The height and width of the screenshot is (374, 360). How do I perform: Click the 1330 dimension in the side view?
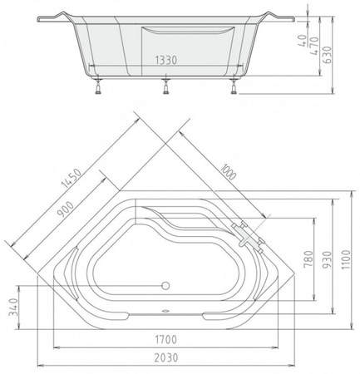165,60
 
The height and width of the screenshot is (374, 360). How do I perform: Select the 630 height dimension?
328,55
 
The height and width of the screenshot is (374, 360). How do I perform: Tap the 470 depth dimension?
314,46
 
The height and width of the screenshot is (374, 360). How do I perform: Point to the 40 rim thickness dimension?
303,41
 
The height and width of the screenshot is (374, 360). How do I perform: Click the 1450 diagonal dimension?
72,178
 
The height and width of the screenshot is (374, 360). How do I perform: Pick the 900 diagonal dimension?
65,209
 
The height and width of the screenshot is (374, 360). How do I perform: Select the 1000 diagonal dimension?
229,171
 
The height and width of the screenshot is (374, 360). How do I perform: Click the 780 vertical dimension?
308,258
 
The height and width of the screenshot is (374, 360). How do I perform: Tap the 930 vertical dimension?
328,259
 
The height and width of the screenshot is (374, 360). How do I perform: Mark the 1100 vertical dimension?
346,260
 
